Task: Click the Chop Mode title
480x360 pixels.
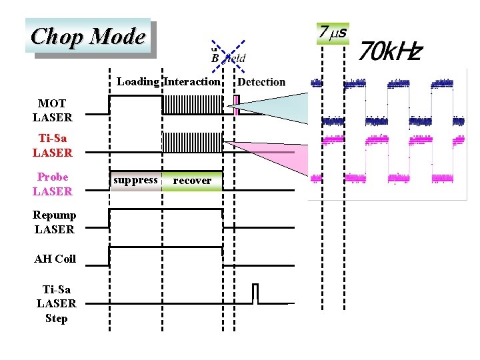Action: [x=88, y=36]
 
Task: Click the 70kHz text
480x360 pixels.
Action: [x=391, y=49]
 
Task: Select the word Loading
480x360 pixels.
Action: [x=137, y=82]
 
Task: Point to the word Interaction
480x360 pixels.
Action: [x=192, y=82]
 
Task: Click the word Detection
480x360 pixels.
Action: [x=261, y=82]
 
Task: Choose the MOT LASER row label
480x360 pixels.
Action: [x=52, y=111]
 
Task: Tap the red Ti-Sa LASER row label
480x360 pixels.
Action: [x=52, y=145]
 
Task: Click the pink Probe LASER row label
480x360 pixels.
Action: [x=52, y=184]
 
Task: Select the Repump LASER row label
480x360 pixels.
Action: [x=55, y=222]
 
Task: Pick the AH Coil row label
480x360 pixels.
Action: [x=55, y=259]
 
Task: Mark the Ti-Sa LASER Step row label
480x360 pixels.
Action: [x=56, y=303]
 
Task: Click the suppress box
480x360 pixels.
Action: [x=135, y=180]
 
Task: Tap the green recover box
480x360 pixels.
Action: [x=192, y=181]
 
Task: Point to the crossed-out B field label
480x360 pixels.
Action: [x=229, y=57]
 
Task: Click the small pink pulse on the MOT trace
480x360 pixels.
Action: [x=236, y=105]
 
